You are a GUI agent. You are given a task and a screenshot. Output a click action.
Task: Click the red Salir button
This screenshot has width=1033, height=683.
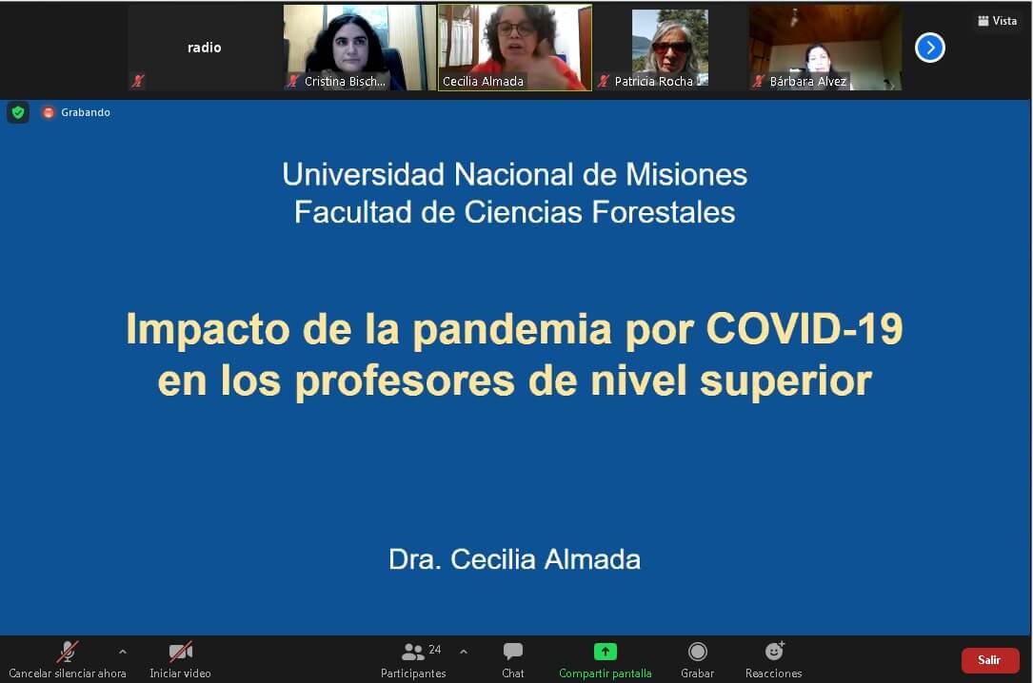[989, 660]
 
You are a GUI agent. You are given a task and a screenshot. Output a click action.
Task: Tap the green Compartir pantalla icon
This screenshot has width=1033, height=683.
[605, 652]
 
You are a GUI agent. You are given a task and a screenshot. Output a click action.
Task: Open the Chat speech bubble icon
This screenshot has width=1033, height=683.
[512, 652]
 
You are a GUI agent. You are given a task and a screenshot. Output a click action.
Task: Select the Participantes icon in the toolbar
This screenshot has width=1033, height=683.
[413, 652]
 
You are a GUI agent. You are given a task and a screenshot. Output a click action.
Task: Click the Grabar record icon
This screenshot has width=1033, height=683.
[697, 652]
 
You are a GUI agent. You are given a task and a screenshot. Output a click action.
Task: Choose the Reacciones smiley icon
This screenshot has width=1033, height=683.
[774, 651]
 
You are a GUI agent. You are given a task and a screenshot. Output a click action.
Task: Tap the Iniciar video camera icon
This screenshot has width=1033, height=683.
[181, 652]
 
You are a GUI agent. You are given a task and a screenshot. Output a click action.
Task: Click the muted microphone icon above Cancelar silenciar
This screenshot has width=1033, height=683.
[67, 652]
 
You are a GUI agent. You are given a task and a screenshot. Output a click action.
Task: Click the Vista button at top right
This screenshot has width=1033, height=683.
[997, 21]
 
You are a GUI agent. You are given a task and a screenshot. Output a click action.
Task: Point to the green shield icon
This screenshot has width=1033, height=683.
[18, 112]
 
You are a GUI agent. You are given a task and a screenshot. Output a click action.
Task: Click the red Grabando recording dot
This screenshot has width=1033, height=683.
[49, 112]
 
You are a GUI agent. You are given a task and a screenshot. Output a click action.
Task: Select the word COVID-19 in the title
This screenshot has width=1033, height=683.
[804, 328]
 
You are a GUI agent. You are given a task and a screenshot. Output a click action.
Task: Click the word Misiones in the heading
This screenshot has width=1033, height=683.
[685, 175]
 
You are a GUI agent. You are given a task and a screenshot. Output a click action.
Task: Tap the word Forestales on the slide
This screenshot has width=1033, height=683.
[664, 212]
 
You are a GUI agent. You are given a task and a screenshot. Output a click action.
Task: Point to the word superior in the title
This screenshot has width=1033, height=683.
[785, 382]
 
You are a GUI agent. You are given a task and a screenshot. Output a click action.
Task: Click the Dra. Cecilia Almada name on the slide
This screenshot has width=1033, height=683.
[514, 559]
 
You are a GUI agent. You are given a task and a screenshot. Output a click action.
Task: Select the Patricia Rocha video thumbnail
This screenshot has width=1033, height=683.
[670, 48]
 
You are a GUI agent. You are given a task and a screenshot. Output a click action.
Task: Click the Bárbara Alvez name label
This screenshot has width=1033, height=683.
[807, 82]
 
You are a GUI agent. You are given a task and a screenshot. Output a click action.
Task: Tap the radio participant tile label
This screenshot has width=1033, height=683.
[205, 48]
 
